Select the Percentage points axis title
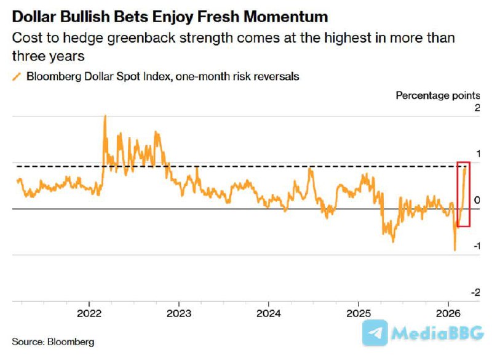(437, 95)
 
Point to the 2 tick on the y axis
(477, 108)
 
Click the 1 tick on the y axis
(477, 154)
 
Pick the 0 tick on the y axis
(477, 200)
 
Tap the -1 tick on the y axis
(475, 246)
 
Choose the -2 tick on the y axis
(475, 292)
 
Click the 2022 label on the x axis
(90, 313)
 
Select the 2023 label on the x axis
(179, 313)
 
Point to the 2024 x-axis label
(269, 313)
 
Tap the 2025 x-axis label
(359, 313)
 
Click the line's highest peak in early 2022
(105, 116)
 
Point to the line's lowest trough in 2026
(454, 250)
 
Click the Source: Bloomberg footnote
(53, 340)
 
